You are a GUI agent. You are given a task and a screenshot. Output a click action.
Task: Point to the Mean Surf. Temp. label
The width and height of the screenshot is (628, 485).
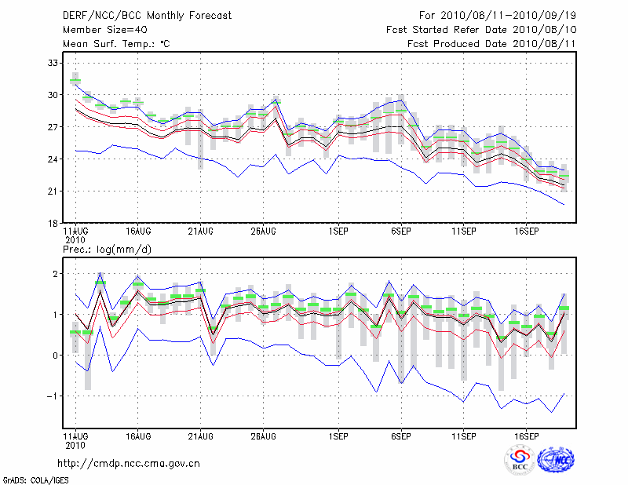pyautogui.click(x=116, y=44)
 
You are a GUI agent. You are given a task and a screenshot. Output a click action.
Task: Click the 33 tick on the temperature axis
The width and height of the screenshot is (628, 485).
pyautogui.click(x=54, y=63)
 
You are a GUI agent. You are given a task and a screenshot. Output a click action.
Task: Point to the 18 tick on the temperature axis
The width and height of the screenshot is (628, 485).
pyautogui.click(x=54, y=224)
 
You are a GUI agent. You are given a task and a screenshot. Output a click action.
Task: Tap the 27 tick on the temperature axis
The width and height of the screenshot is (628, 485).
pyautogui.click(x=54, y=127)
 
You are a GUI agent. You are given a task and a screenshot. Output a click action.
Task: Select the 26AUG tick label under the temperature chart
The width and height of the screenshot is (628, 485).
pyautogui.click(x=263, y=232)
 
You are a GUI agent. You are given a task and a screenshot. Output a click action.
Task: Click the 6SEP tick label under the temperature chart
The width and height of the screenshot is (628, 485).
pyautogui.click(x=401, y=232)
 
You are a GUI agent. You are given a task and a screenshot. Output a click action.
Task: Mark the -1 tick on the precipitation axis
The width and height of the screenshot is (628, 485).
pyautogui.click(x=52, y=396)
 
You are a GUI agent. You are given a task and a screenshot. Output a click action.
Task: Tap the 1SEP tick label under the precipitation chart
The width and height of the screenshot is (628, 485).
pyautogui.click(x=339, y=435)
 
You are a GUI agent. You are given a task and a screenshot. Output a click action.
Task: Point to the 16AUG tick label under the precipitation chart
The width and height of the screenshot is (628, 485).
pyautogui.click(x=138, y=435)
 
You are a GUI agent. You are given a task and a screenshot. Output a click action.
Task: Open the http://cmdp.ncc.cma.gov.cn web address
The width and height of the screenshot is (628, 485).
pyautogui.click(x=129, y=463)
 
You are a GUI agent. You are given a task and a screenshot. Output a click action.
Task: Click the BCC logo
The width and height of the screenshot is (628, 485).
pyautogui.click(x=520, y=460)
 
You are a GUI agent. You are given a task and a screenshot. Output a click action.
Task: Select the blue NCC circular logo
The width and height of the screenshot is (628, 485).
pyautogui.click(x=555, y=461)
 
